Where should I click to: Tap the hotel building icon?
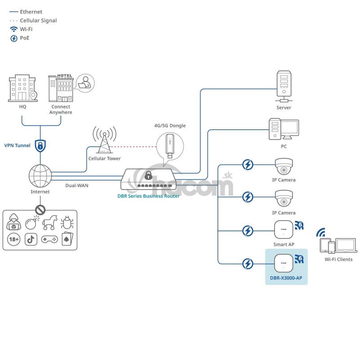pyautogui.click(x=61, y=88)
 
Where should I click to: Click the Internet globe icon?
pyautogui.click(x=40, y=176)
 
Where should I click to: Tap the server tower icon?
pyautogui.click(x=283, y=86)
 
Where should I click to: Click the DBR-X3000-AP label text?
pyautogui.click(x=286, y=278)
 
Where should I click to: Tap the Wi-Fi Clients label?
pyautogui.click(x=338, y=260)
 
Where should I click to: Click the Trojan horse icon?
pyautogui.click(x=48, y=221)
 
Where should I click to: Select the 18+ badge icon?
pyautogui.click(x=13, y=239)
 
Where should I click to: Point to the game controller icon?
pyautogui.click(x=48, y=239)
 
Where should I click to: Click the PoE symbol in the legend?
pyautogui.click(x=14, y=38)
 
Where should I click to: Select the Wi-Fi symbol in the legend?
pyautogui.click(x=14, y=29)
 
